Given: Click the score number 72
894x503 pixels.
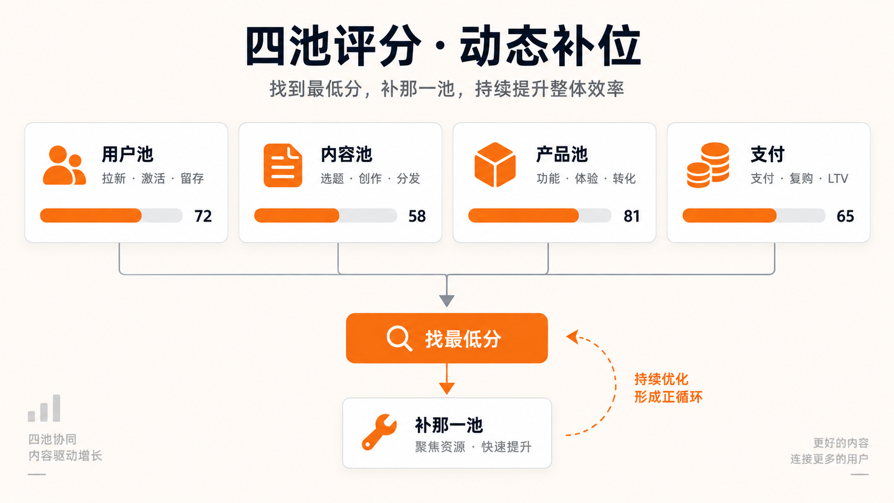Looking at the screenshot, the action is coord(203,216).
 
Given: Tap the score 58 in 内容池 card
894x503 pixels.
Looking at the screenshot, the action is coord(417,216).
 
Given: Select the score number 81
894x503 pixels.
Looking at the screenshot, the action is coord(631,216).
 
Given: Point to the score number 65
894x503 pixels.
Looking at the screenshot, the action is coord(845,216).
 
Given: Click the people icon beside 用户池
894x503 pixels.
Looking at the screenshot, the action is coord(64,165).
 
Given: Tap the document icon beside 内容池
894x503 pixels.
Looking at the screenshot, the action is coord(282,165).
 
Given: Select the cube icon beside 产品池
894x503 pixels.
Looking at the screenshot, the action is coord(495,165).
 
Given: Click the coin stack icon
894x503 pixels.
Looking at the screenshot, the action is coord(708,165).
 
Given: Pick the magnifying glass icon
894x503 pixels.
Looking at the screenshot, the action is coord(399,339).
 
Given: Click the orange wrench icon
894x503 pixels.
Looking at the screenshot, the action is coord(379,432).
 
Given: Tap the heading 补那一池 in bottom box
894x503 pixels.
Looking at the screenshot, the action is coord(449,425).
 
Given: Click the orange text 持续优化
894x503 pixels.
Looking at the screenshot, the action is coord(661,379).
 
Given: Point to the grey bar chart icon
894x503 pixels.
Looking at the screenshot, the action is coord(44,408).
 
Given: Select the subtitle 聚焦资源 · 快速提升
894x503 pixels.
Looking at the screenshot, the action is coord(473,447).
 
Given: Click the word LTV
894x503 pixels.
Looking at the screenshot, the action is coord(838,179).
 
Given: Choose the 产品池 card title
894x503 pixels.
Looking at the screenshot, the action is coord(561,154).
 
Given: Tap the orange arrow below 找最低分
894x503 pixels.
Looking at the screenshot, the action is coord(446,379).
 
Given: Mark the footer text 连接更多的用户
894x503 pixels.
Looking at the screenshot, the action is coord(829,459).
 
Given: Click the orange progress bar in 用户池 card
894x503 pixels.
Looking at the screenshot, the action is coord(90,215).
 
